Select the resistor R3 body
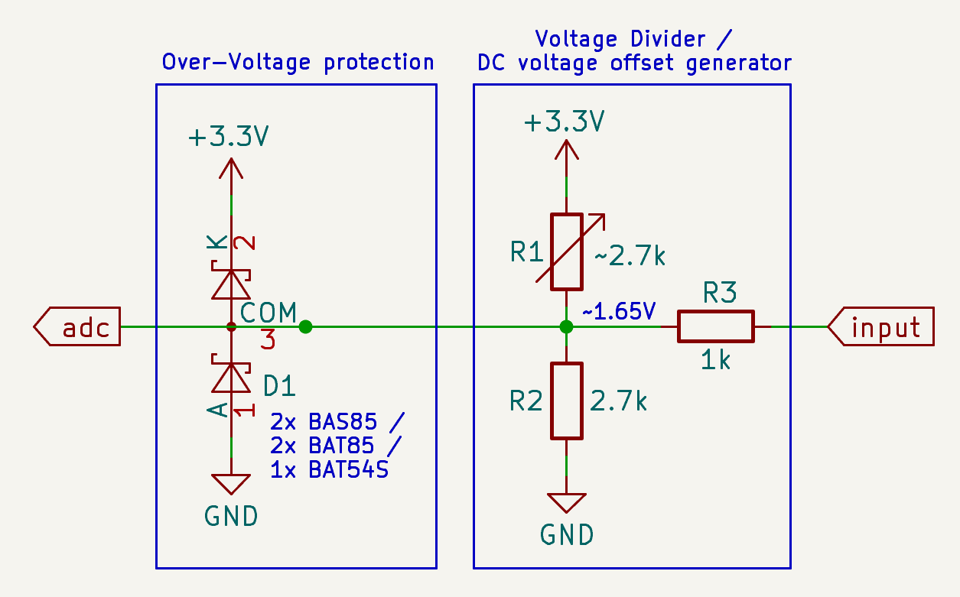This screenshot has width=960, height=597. [x=715, y=326]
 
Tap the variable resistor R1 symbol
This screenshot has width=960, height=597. [x=566, y=251]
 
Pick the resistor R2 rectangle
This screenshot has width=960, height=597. [x=566, y=401]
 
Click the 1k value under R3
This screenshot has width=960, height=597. [x=715, y=360]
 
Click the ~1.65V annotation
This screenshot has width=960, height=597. [x=619, y=311]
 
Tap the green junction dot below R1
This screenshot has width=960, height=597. [x=566, y=327]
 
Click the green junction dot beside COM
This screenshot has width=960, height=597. [x=306, y=327]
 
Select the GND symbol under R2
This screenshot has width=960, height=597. [x=566, y=503]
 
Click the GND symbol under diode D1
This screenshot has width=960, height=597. [x=231, y=485]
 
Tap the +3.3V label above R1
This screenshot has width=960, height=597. [x=565, y=122]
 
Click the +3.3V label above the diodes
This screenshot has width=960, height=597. [x=229, y=137]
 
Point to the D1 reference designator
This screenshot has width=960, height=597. [x=279, y=386]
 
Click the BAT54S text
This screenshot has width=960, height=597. [x=349, y=469]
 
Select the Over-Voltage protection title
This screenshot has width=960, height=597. [x=298, y=62]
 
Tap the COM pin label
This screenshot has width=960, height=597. [x=268, y=312]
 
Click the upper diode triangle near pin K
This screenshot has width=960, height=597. [x=231, y=284]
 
